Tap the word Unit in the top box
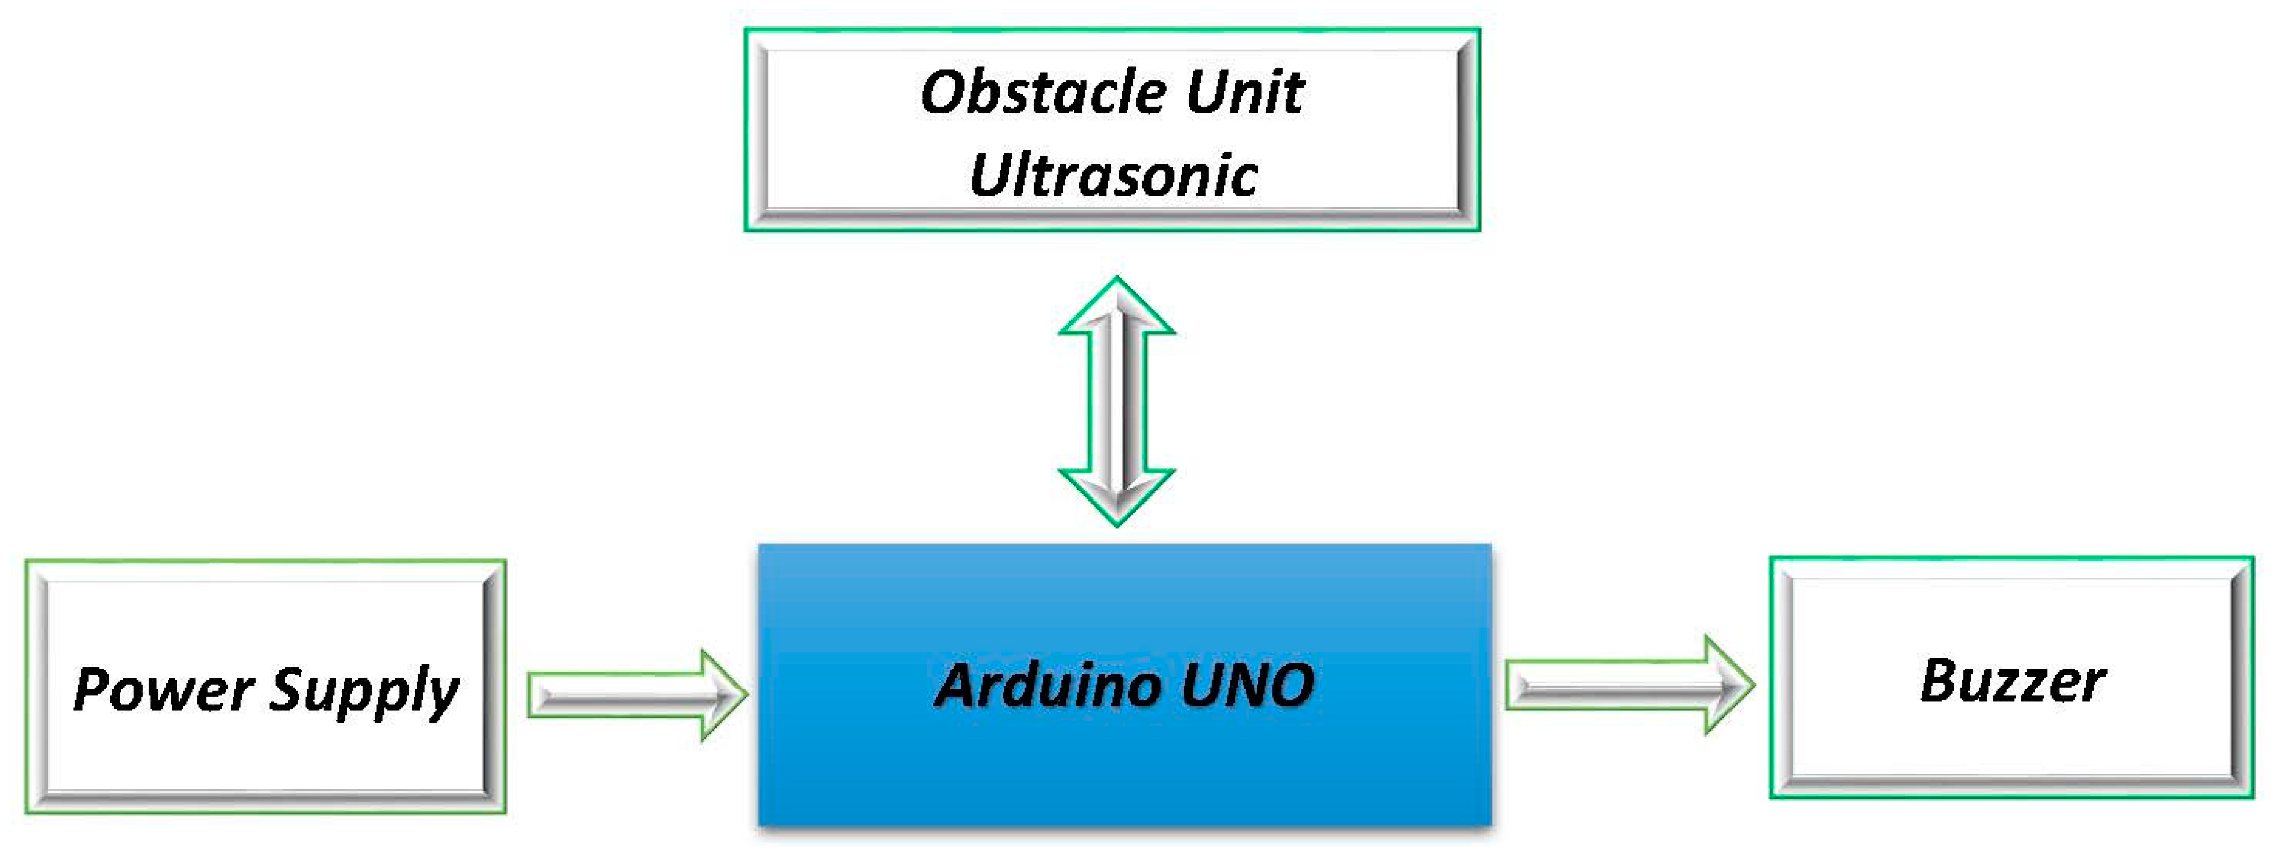click(1244, 92)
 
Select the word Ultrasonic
click(1113, 175)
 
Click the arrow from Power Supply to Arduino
click(636, 695)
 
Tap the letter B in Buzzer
click(1940, 681)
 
